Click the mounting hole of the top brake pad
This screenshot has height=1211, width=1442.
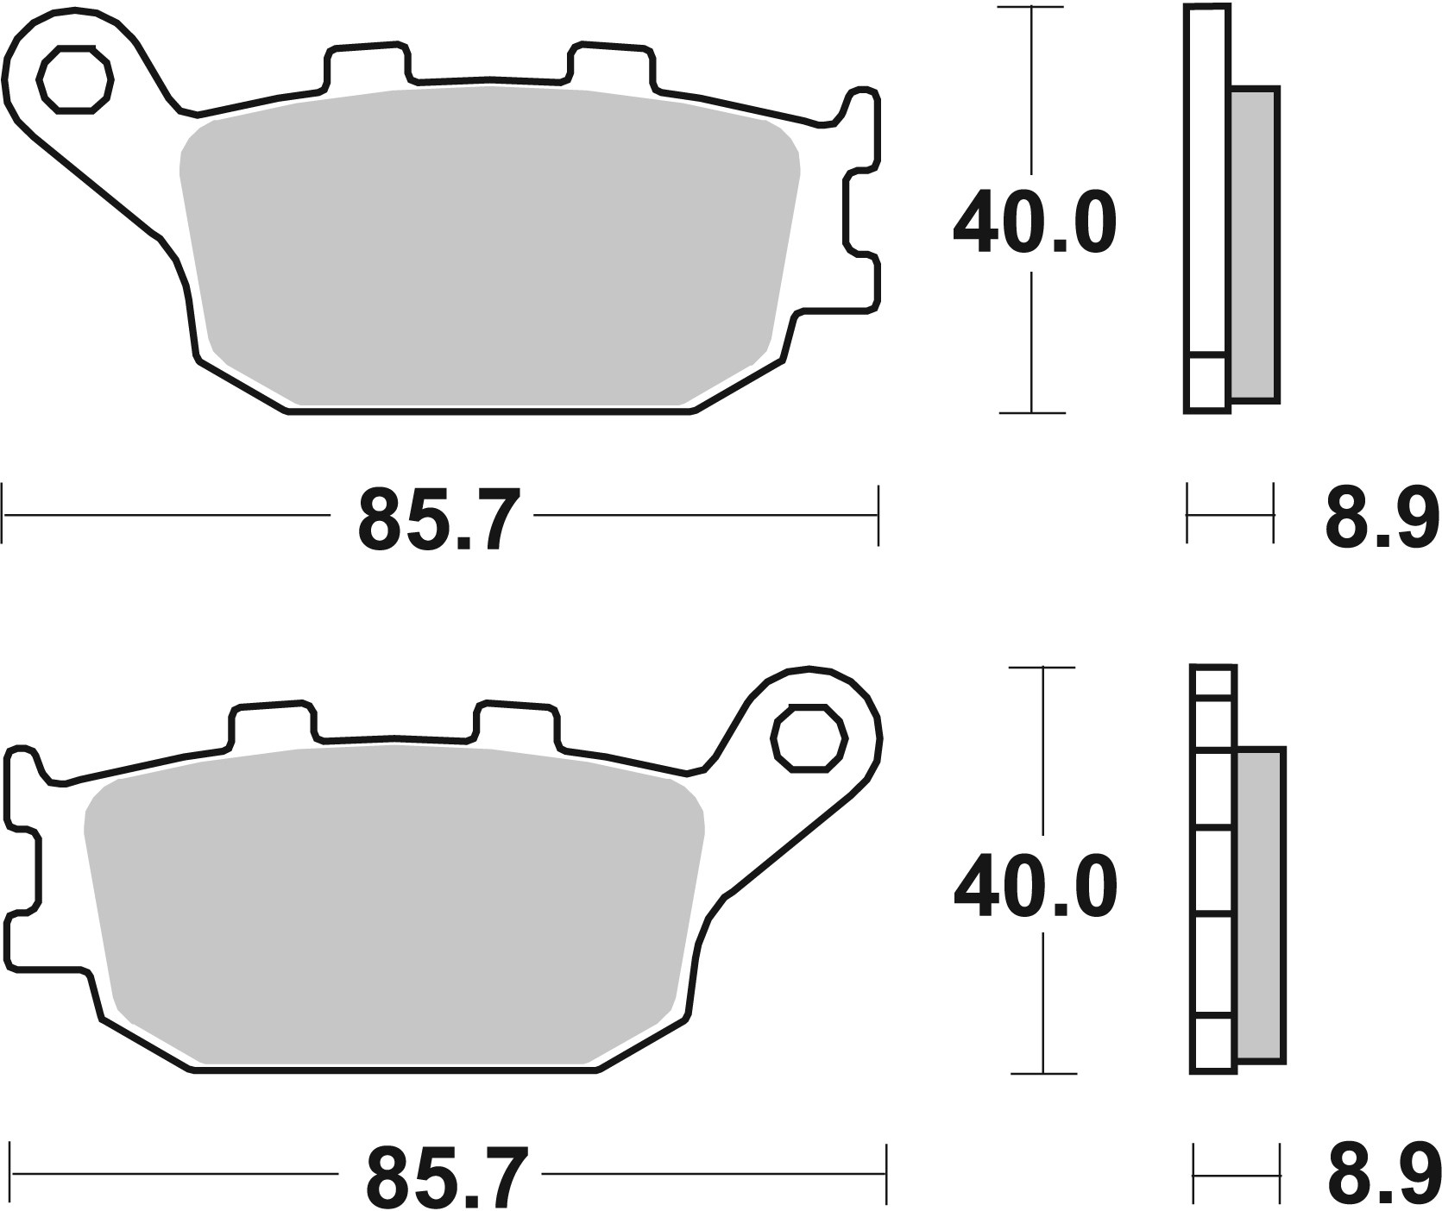click(76, 81)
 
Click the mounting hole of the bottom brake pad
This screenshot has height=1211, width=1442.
click(809, 737)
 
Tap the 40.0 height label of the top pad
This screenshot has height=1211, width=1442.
click(1034, 224)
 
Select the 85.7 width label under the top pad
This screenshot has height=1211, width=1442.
click(439, 519)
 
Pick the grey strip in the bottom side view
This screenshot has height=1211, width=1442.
click(1261, 904)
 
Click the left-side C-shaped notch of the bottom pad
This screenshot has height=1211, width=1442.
click(26, 869)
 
